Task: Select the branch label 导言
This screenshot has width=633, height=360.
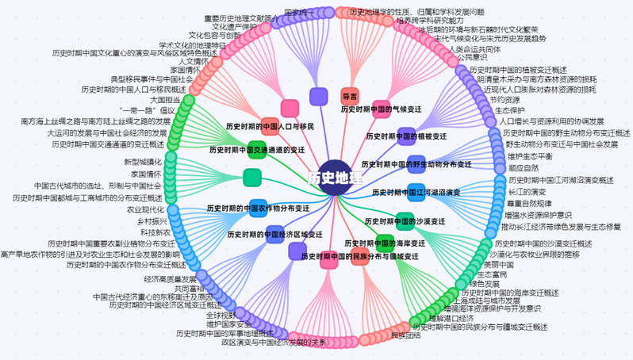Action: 350,96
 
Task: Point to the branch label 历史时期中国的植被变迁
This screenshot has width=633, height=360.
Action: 407,136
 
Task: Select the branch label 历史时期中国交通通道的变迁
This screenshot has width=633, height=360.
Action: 257,149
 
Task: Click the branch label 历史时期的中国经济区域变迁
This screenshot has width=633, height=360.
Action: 274,235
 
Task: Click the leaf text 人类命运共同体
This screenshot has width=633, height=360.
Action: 475,48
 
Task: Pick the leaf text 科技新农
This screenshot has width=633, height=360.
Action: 155,232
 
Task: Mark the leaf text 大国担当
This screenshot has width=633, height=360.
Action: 166,100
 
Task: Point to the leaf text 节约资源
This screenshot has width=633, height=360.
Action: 504,100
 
